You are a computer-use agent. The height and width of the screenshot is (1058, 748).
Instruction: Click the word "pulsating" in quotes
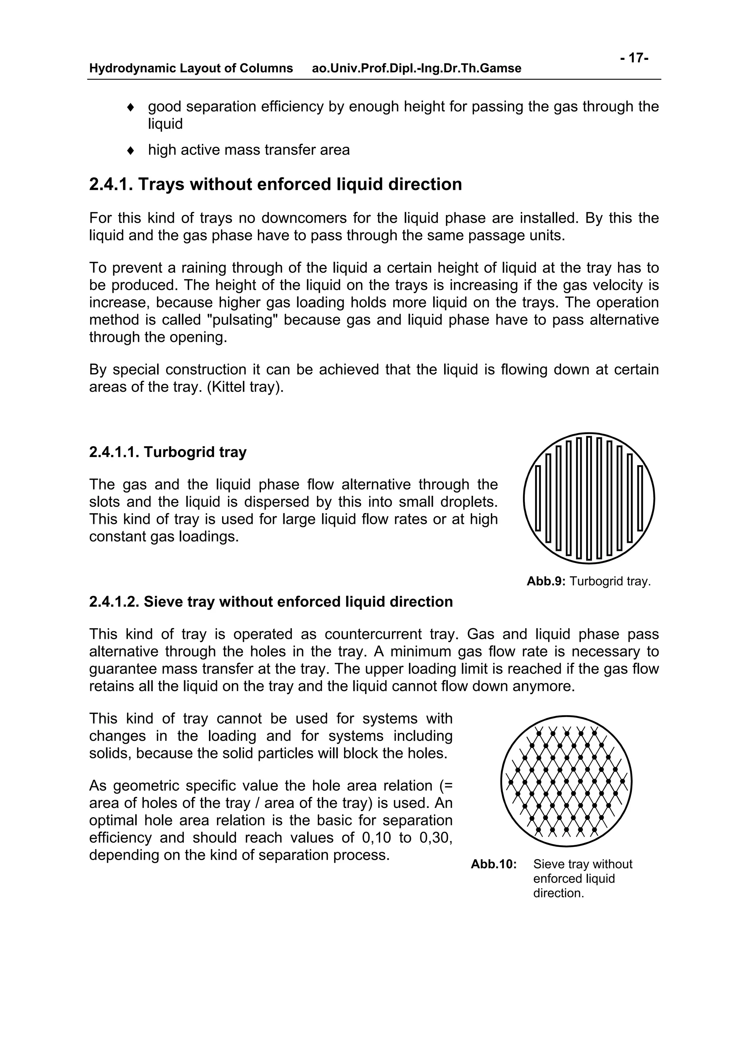pos(243,320)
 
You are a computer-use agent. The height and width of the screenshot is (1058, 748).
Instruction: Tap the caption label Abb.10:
pos(493,865)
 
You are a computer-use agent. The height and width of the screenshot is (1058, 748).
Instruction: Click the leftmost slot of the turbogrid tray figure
pos(538,498)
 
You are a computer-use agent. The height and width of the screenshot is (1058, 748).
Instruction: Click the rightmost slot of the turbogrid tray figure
pos(640,498)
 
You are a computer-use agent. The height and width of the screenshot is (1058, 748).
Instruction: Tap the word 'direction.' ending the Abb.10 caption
pos(558,893)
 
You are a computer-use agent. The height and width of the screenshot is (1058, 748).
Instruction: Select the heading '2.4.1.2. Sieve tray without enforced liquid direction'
pos(271,602)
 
